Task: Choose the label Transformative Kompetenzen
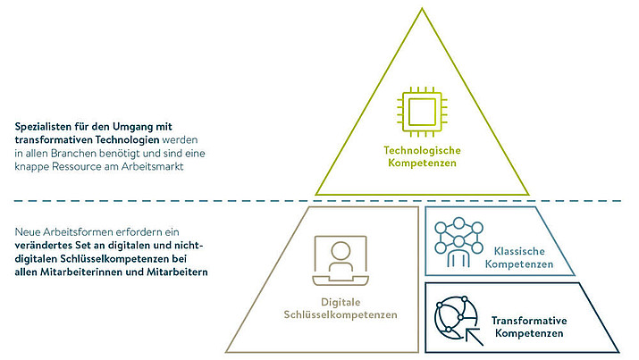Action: (530, 327)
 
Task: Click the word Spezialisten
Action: (44, 127)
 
